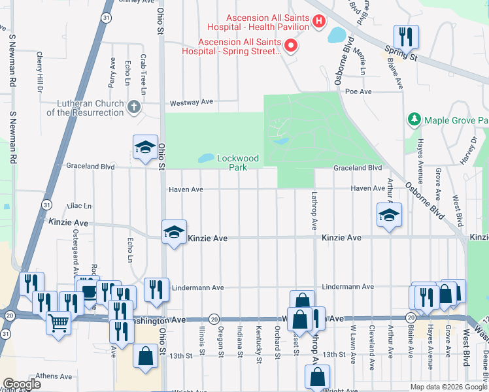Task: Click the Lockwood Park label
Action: tap(238, 163)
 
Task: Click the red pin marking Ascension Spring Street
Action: tap(291, 46)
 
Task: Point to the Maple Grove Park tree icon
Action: tap(414, 120)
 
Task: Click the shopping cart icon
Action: tap(59, 322)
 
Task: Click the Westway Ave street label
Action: tap(192, 103)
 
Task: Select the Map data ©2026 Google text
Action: tap(448, 387)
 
